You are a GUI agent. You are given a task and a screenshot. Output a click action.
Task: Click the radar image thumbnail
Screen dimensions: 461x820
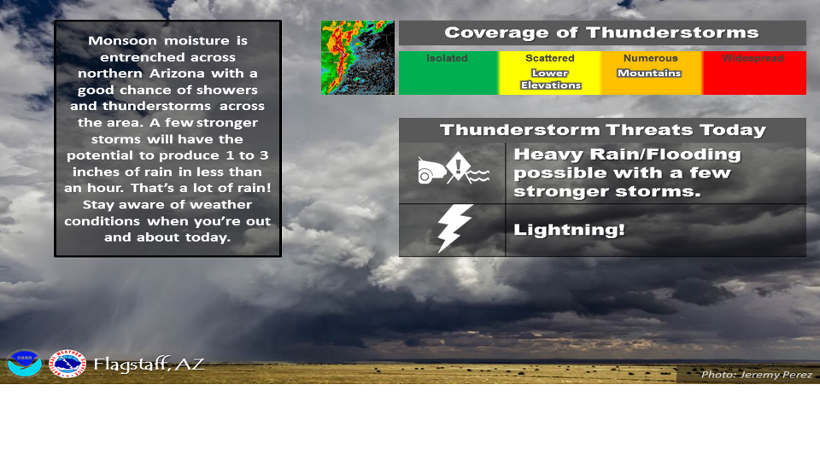click(357, 57)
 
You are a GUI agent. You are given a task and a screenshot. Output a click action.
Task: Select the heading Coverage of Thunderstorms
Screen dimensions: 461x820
click(601, 33)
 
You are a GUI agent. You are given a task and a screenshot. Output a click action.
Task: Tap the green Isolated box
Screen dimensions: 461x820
click(448, 73)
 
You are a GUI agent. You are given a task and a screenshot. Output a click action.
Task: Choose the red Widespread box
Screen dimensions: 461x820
click(753, 73)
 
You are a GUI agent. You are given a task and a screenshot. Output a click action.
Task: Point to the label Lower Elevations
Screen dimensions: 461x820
click(550, 79)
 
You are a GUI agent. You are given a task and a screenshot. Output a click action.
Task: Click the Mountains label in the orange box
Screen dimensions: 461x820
click(649, 73)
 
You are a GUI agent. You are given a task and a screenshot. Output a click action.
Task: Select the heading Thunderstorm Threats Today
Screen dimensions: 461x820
click(602, 130)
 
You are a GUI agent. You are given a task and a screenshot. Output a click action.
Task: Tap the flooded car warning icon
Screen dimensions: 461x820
click(452, 172)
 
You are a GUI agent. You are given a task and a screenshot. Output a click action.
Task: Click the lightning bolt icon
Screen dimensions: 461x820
click(452, 229)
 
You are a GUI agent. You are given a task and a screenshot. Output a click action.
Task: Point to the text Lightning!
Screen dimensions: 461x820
click(570, 230)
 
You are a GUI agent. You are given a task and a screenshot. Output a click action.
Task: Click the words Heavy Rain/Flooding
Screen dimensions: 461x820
click(627, 155)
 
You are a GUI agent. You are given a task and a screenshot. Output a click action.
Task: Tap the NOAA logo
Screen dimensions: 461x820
click(24, 364)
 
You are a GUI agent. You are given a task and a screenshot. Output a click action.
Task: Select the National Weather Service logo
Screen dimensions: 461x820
click(67, 364)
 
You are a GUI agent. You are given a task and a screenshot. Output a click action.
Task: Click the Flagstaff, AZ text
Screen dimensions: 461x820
click(149, 365)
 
